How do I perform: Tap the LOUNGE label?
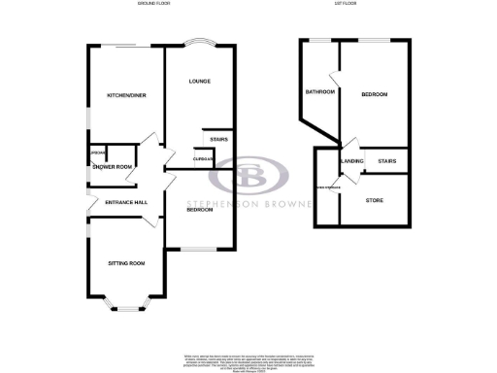point(200,81)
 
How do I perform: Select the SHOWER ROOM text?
point(113,167)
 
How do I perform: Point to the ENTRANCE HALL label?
point(113,202)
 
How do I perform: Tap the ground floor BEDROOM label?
point(201,209)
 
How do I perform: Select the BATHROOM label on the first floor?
point(320,92)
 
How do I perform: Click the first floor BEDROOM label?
point(374,94)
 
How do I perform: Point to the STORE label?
point(375,200)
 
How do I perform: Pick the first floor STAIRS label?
point(387,161)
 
